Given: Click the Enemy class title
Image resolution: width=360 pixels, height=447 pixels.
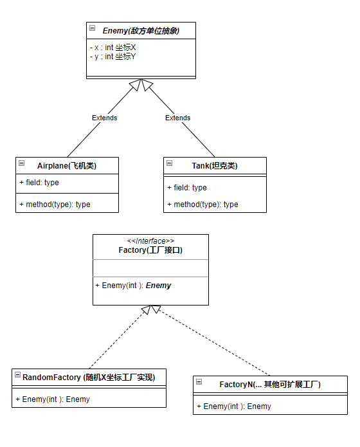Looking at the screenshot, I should pos(141,30).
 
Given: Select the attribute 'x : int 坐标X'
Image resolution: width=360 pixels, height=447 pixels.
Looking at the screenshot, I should pos(113,48).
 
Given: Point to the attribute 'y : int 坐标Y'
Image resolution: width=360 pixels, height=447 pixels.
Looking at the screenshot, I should pos(113,57).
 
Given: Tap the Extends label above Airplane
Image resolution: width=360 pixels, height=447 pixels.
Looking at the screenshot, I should pos(104,118).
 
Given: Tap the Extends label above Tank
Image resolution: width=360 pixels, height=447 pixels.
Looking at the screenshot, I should pos(177,118).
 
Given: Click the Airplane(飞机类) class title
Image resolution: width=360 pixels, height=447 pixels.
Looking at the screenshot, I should pos(67,165).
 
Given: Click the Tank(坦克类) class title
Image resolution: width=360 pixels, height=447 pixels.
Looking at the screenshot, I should pos(214,165).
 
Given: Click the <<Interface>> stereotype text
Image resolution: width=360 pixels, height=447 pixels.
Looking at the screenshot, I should pos(150,241).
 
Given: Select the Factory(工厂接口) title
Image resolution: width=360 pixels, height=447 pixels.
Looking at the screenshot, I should pos(150,250).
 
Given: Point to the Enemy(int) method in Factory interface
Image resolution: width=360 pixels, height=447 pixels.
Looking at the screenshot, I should pos(133,285).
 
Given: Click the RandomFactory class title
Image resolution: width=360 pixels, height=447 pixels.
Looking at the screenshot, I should pos(89,377).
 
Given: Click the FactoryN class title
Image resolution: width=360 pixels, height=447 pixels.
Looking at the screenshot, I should pos(270,384).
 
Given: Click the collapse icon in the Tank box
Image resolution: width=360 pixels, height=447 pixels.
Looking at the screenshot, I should pos(169,163).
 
